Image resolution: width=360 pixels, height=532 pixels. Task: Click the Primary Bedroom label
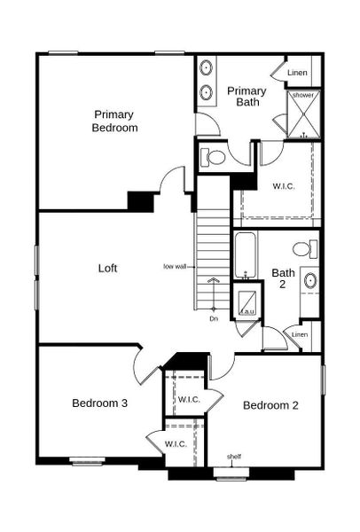click(115, 121)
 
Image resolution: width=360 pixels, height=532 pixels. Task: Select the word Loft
click(107, 268)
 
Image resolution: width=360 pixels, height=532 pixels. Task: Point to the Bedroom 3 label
click(99, 403)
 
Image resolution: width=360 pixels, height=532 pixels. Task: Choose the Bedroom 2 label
click(270, 405)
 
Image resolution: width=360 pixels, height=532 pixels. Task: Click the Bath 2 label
click(283, 278)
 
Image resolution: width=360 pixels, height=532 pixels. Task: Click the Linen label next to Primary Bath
click(296, 72)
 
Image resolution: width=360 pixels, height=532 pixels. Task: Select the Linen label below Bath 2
click(300, 334)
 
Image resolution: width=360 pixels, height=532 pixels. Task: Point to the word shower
click(302, 95)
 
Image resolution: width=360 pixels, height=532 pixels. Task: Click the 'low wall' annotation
click(174, 265)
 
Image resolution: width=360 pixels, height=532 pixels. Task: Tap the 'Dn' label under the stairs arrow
click(213, 317)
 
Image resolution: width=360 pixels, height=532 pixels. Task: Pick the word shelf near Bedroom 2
click(234, 457)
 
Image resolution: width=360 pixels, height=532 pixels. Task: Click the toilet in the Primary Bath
click(214, 158)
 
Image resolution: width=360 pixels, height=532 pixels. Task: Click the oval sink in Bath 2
click(310, 281)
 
